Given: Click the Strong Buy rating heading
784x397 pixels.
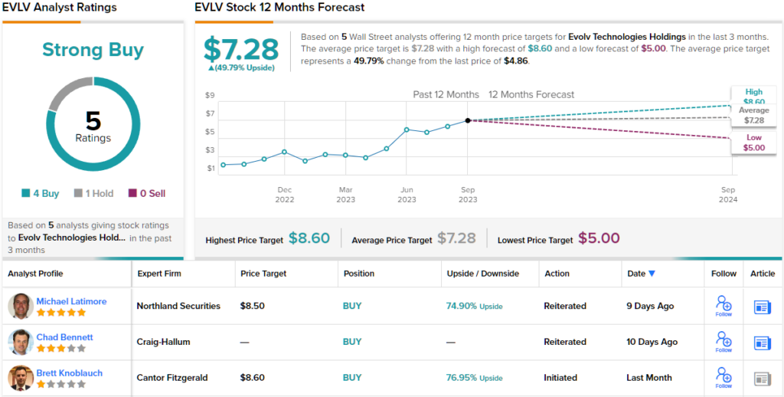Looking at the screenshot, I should [92, 51].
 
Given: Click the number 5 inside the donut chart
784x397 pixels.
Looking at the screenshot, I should [93, 120].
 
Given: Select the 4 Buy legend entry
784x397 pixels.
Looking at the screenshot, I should [41, 194].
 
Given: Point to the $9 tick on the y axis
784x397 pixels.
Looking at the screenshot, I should [210, 95].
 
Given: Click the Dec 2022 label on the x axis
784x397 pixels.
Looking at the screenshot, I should [285, 195].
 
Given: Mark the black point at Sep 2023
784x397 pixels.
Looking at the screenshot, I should [468, 120].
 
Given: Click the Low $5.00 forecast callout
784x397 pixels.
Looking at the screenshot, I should [753, 143].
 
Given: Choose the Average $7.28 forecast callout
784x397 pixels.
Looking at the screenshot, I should [753, 116].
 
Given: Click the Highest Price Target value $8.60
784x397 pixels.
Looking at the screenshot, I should [309, 238].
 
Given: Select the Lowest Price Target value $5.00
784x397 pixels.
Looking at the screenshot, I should [599, 238].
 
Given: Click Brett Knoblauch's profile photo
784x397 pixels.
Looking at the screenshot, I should [21, 378].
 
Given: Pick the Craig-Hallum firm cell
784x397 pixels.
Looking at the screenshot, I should [163, 342].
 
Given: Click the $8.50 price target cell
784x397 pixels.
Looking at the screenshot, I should [253, 306].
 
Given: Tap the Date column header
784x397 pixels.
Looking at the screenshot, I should [641, 273].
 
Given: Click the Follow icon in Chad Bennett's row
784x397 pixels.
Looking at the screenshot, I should [724, 340].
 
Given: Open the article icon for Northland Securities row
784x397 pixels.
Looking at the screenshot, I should [763, 307].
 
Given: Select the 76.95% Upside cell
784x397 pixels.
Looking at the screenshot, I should [474, 378].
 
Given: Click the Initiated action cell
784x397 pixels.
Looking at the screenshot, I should [560, 378].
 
